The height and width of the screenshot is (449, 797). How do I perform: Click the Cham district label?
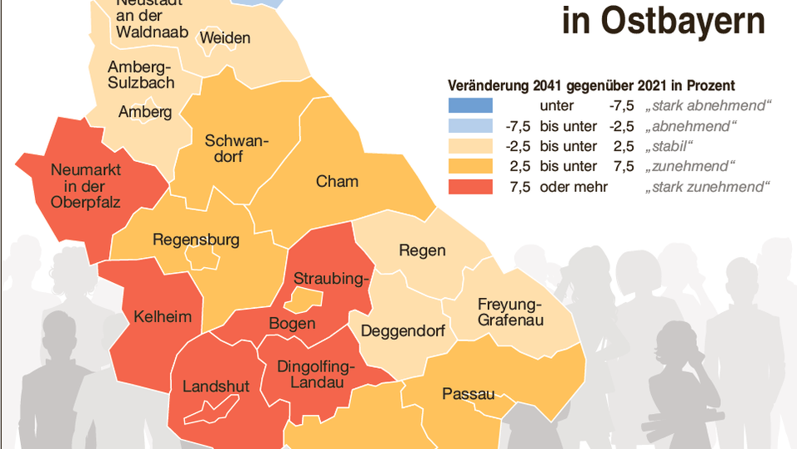[337, 181]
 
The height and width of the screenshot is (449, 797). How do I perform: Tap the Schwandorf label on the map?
[237, 148]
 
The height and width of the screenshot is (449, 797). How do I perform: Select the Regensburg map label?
[196, 240]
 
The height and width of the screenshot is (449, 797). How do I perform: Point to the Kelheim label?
[163, 316]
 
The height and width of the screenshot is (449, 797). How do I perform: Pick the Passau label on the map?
[469, 394]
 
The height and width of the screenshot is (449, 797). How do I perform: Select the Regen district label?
[422, 250]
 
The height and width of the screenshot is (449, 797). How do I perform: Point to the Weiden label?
[225, 38]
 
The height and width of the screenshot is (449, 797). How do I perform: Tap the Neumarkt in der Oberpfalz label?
[86, 186]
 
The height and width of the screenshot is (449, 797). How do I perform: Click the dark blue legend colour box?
[470, 106]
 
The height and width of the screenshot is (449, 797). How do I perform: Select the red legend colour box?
[470, 187]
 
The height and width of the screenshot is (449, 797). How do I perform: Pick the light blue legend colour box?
[470, 126]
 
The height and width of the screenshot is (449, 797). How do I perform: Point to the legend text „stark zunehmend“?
[708, 187]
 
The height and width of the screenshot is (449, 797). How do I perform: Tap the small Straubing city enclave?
[305, 298]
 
